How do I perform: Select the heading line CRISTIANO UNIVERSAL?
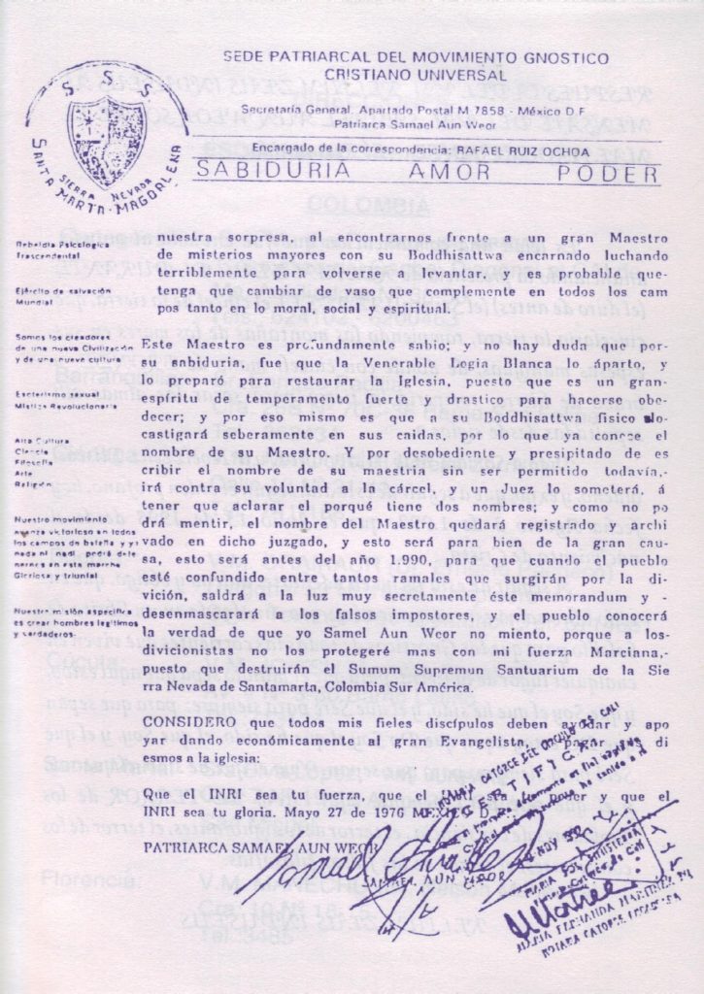tap(416, 75)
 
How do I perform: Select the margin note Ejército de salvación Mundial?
tap(63, 296)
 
